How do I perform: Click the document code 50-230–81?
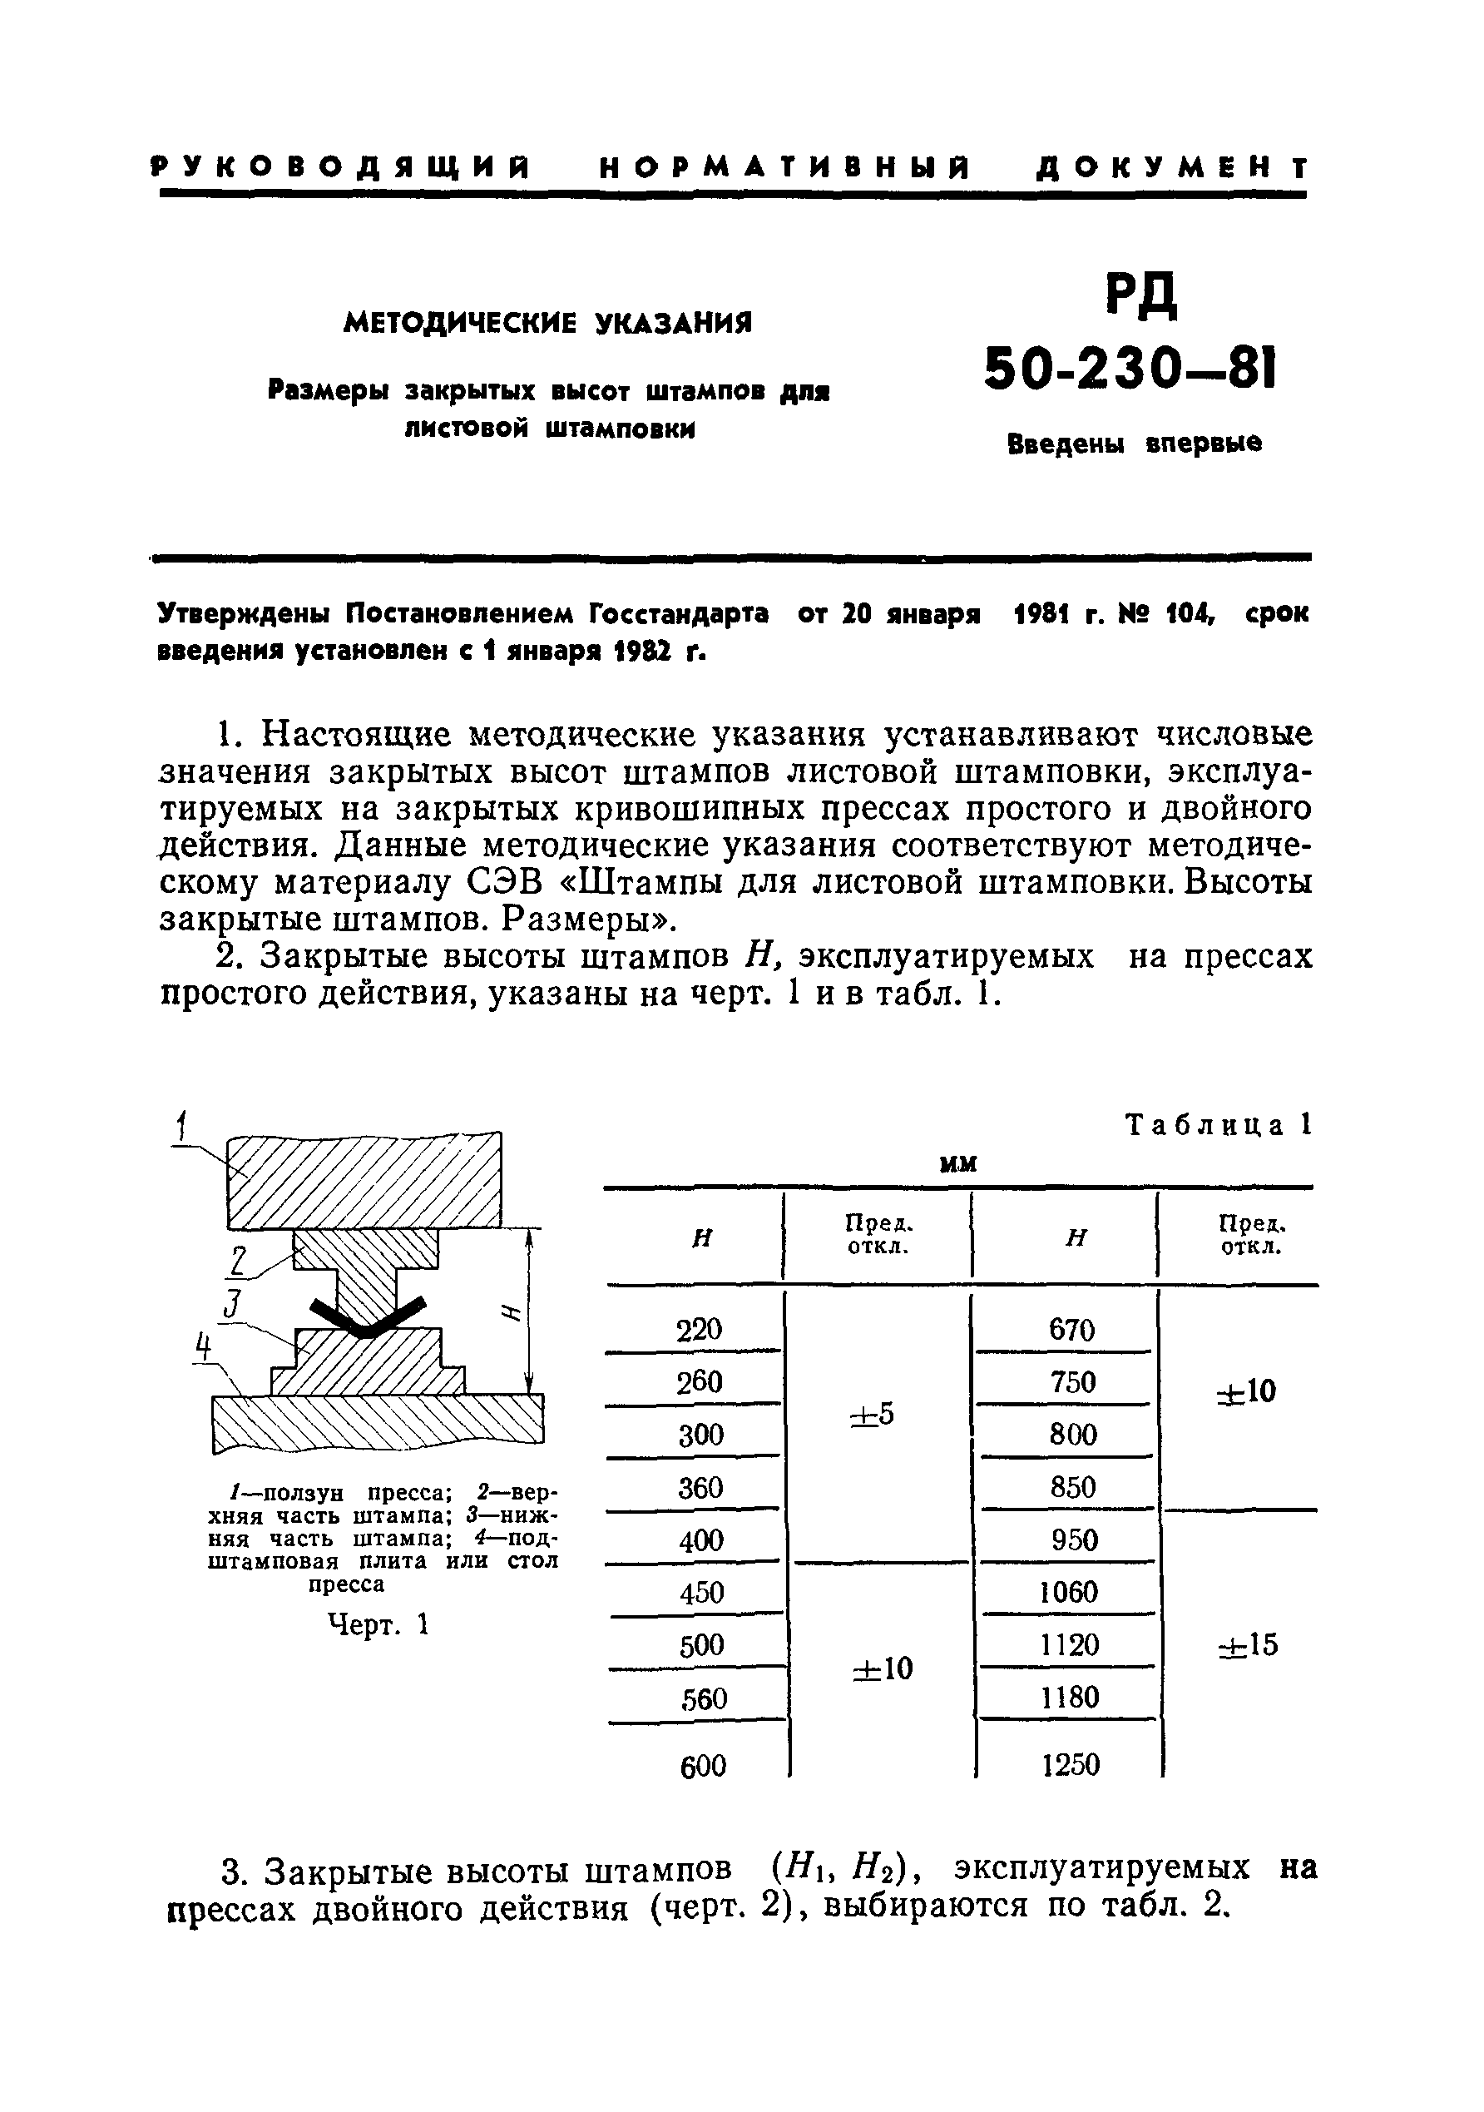coord(1130,370)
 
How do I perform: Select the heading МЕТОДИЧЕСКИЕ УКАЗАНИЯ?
coord(548,323)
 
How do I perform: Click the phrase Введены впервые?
coord(1135,444)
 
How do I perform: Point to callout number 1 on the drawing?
coord(182,1125)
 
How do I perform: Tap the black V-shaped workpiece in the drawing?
coord(367,1317)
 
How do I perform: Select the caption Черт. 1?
coord(378,1625)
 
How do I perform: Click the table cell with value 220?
coord(699,1329)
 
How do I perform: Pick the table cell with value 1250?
coord(1071,1764)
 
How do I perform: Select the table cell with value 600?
coord(702,1765)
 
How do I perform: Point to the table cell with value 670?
coord(1071,1329)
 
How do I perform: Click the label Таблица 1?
coord(1219,1125)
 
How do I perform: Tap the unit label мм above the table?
coord(957,1164)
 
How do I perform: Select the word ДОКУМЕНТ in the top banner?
coord(1171,168)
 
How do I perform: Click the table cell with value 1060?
coord(1068,1591)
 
